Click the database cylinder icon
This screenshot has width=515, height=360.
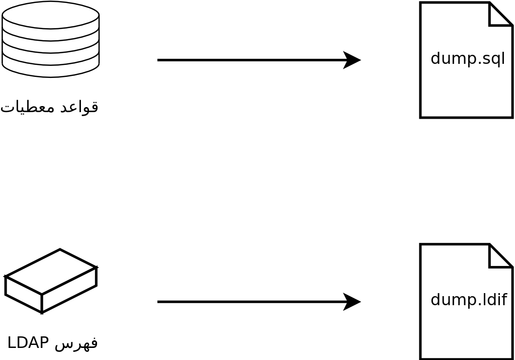pyautogui.click(x=50, y=40)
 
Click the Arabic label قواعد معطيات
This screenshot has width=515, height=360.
pyautogui.click(x=49, y=107)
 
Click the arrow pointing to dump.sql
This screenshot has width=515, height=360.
pyautogui.click(x=251, y=60)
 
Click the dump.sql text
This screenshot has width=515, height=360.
pyautogui.click(x=468, y=58)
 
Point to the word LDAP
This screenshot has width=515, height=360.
pyautogui.click(x=28, y=342)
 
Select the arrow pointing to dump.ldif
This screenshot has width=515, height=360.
pyautogui.click(x=251, y=302)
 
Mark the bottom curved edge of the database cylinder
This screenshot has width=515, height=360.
pyautogui.click(x=50, y=76)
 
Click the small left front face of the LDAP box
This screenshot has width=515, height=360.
pyautogui.click(x=23, y=294)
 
